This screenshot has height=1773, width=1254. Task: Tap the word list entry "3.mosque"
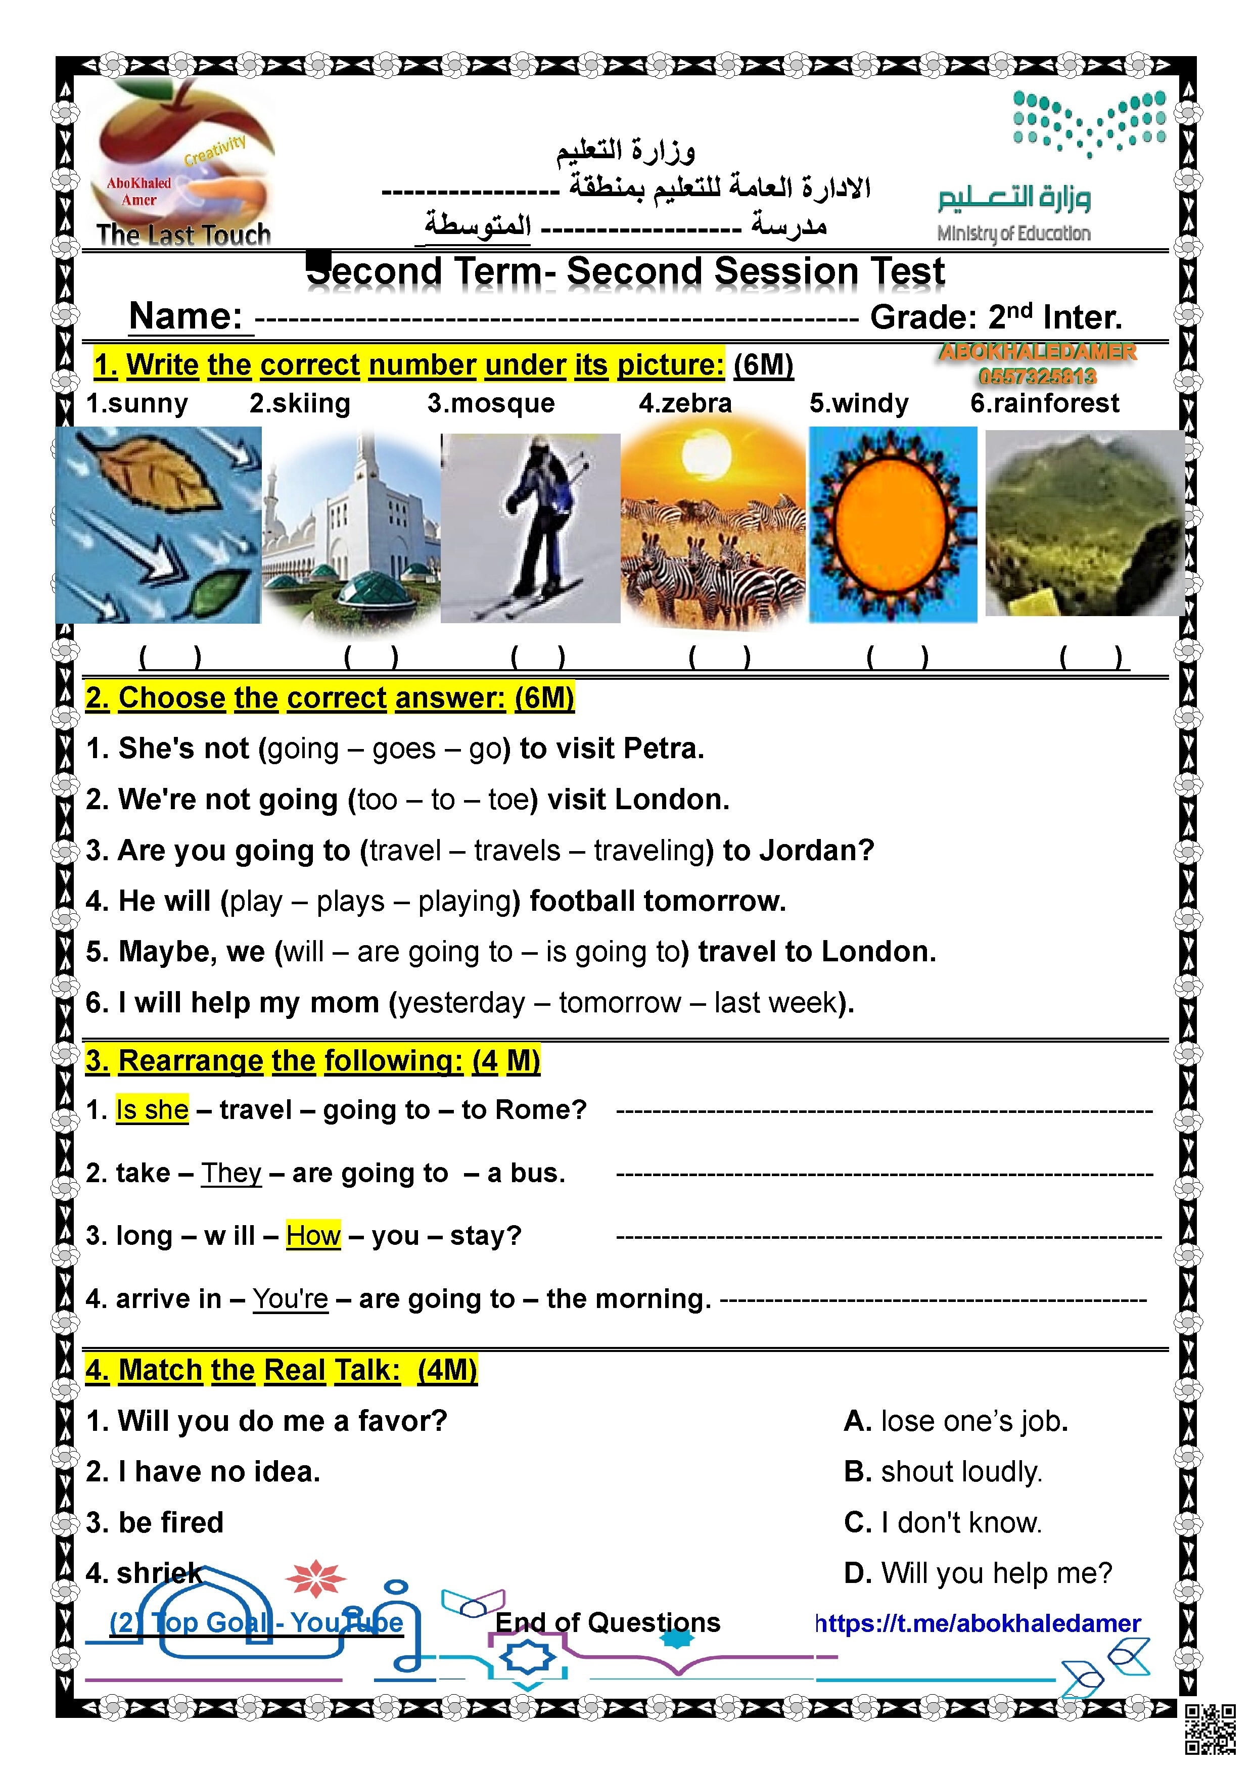(x=491, y=403)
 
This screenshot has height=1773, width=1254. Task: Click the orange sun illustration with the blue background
(x=892, y=525)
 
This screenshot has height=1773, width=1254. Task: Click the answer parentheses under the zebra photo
(x=719, y=657)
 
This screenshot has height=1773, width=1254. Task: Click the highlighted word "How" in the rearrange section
(x=313, y=1236)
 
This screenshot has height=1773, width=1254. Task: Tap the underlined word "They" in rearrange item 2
(x=231, y=1173)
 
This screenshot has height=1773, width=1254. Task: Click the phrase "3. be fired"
(x=155, y=1522)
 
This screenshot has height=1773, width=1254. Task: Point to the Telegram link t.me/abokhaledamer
(x=979, y=1623)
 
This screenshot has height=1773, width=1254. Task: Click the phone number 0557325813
(x=1037, y=377)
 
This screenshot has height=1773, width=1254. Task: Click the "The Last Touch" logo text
(x=184, y=234)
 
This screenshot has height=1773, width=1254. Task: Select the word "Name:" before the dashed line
(x=186, y=316)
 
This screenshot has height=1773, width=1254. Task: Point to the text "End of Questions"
(x=608, y=1622)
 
